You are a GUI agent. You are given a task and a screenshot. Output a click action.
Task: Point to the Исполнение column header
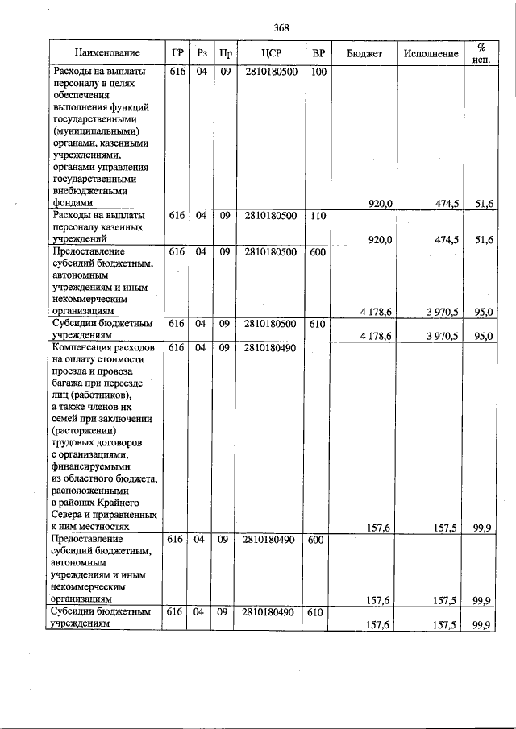click(431, 54)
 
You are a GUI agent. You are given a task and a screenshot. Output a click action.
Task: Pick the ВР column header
click(318, 54)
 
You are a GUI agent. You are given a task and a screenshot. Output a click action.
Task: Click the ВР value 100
click(318, 72)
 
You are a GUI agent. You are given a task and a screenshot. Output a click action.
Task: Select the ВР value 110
click(318, 216)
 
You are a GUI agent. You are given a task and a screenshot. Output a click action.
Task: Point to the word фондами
click(73, 204)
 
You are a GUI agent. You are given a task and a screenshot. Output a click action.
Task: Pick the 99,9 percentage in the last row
click(483, 625)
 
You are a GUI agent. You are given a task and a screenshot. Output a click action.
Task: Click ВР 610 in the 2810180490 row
click(318, 612)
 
